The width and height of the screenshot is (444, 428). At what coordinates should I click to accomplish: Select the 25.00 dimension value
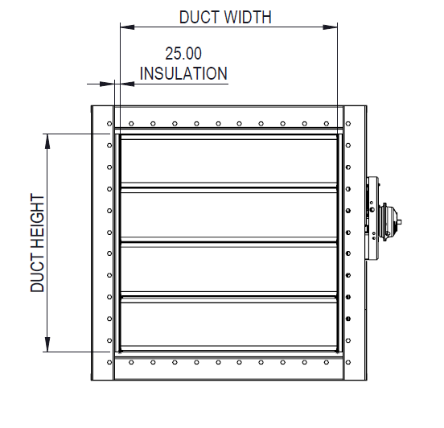click(x=183, y=54)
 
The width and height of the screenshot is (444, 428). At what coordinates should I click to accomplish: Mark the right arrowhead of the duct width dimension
click(x=331, y=27)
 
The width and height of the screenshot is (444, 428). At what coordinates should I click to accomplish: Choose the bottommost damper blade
click(x=228, y=323)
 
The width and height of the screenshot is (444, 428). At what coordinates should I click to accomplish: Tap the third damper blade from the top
click(x=228, y=267)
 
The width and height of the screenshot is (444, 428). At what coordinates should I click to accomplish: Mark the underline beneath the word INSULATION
click(x=183, y=82)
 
